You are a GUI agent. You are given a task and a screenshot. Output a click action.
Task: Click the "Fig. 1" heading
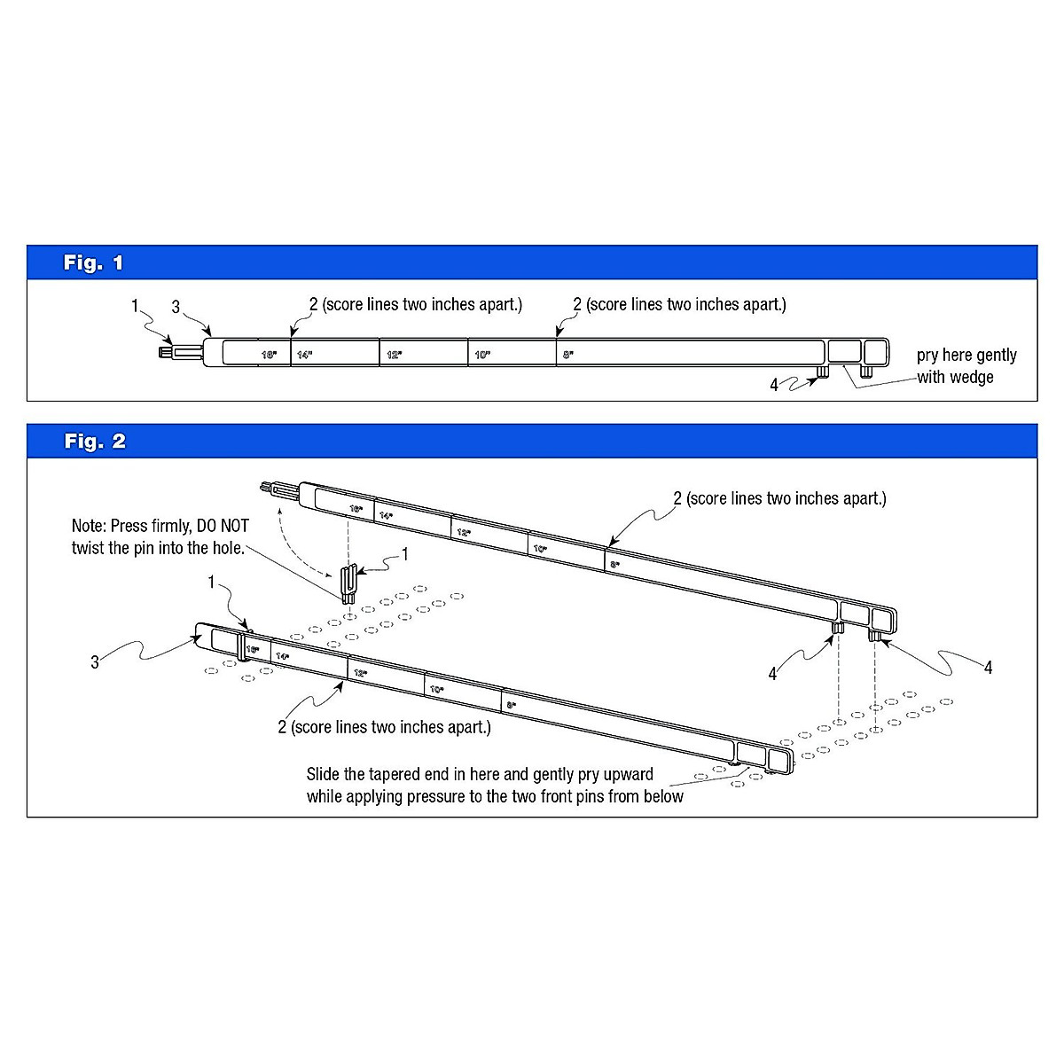click(93, 263)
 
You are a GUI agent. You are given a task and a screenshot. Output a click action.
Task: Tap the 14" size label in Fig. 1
click(304, 355)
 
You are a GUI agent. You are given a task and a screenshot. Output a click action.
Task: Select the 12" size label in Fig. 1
click(393, 355)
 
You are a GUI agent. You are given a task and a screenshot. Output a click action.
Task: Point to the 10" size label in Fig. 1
click(481, 355)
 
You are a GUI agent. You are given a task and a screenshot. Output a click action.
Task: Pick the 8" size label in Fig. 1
click(567, 355)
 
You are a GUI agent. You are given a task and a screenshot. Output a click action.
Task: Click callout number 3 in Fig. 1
click(176, 307)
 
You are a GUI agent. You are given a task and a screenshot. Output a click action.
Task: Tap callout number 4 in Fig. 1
click(774, 385)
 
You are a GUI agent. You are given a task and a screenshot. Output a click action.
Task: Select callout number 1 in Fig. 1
click(135, 306)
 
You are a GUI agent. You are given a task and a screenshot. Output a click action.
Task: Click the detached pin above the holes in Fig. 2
click(349, 582)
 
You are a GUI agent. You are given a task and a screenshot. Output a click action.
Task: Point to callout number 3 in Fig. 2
click(95, 662)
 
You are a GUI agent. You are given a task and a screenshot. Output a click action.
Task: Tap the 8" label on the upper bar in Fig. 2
click(613, 564)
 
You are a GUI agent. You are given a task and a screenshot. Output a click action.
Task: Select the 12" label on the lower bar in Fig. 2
click(360, 673)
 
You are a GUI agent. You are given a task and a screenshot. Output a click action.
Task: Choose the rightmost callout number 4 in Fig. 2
click(988, 668)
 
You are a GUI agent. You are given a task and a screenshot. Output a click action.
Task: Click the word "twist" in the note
click(88, 548)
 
